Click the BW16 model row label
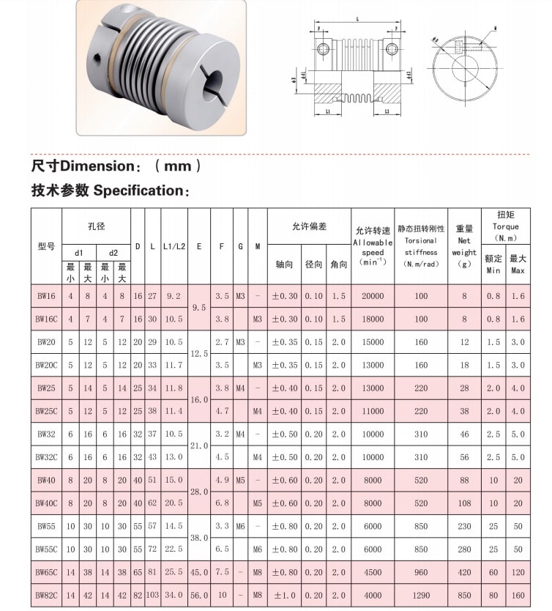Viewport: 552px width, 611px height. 46,296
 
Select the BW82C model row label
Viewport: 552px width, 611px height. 46,595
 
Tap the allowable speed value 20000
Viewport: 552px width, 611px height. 372,296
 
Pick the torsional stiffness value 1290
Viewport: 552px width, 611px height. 421,595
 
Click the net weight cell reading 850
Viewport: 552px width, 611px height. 464,595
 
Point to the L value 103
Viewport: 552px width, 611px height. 152,595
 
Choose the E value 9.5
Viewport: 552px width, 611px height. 198,308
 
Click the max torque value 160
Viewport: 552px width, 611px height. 518,595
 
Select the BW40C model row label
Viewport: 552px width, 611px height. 46,503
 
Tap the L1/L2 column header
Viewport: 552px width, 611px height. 174,247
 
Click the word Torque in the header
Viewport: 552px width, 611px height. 505,227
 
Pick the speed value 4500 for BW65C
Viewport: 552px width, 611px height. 372,572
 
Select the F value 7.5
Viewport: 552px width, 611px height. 222,572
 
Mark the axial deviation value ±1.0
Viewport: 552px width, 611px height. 284,595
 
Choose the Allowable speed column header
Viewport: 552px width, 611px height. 373,242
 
